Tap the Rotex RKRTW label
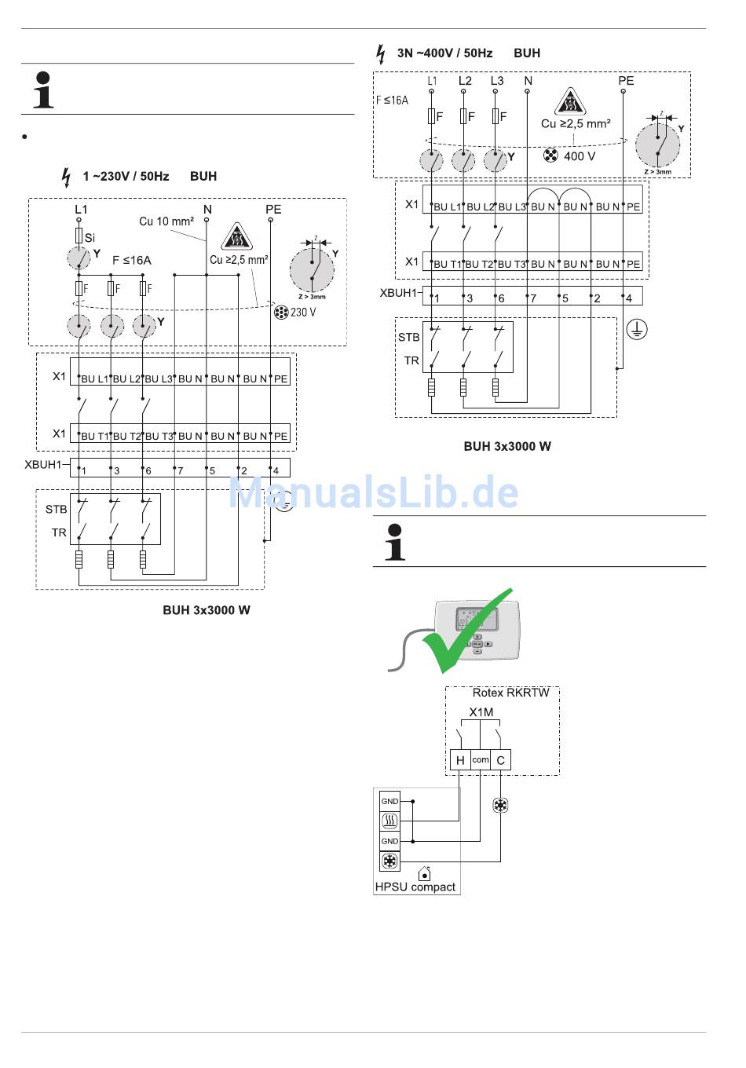coord(510,693)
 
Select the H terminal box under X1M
coord(460,759)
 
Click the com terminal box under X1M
coord(481,759)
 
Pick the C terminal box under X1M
coord(501,759)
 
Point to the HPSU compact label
coord(415,887)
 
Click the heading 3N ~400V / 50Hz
coord(444,53)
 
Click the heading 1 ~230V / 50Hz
coord(126,176)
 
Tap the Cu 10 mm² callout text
coord(166,221)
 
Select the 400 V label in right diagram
coord(580,156)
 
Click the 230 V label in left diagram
coord(303,312)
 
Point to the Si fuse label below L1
coord(90,237)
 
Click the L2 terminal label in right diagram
coord(465,81)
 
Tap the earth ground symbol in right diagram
coord(636,330)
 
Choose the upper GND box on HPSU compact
coord(389,801)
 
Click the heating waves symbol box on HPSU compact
coord(389,821)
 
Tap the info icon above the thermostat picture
coord(395,541)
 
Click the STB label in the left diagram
coord(56,509)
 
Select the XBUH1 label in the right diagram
coord(398,293)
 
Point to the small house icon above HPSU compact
coord(425,873)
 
